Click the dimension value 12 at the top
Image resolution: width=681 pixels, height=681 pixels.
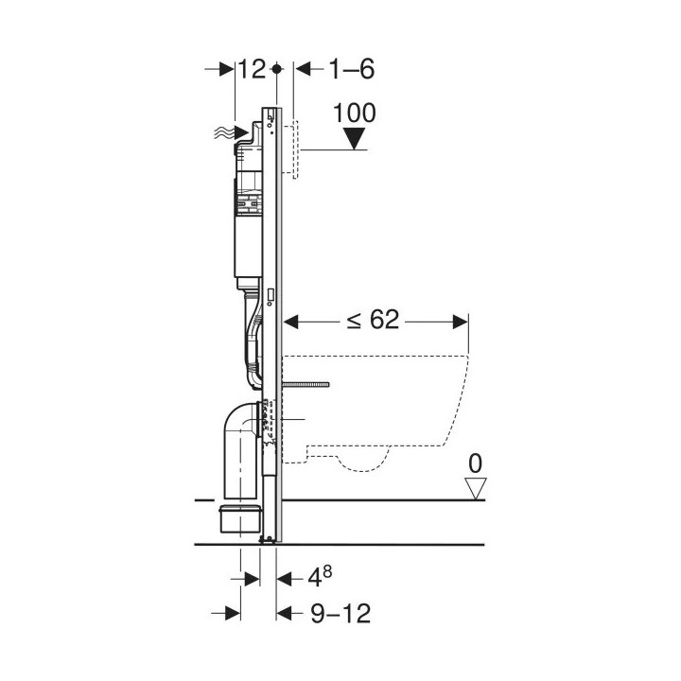click(x=252, y=69)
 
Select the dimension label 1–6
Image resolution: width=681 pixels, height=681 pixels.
click(x=352, y=69)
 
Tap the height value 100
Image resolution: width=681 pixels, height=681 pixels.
click(x=354, y=113)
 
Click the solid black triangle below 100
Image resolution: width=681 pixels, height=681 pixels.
click(x=355, y=138)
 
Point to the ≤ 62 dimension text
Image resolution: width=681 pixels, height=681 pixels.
click(x=373, y=321)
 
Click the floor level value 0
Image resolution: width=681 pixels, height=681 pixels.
click(x=475, y=463)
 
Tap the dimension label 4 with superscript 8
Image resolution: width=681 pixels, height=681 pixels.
click(x=320, y=577)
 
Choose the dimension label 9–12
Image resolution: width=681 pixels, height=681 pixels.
click(x=340, y=613)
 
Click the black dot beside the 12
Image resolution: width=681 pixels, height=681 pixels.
click(x=276, y=69)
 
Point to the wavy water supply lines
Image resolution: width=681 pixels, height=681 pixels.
click(x=224, y=133)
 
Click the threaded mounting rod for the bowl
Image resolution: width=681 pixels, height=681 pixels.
click(x=306, y=384)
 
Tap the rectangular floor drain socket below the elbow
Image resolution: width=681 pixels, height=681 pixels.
click(x=240, y=518)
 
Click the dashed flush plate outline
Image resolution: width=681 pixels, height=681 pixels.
click(x=291, y=149)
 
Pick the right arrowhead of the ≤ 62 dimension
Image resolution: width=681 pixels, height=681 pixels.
click(x=461, y=322)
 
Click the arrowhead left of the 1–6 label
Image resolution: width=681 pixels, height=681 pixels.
click(x=303, y=69)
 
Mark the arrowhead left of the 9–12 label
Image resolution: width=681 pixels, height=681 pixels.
click(x=285, y=614)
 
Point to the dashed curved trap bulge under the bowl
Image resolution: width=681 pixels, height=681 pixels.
click(x=363, y=461)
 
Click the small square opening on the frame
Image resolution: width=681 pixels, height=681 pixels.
click(x=271, y=294)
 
